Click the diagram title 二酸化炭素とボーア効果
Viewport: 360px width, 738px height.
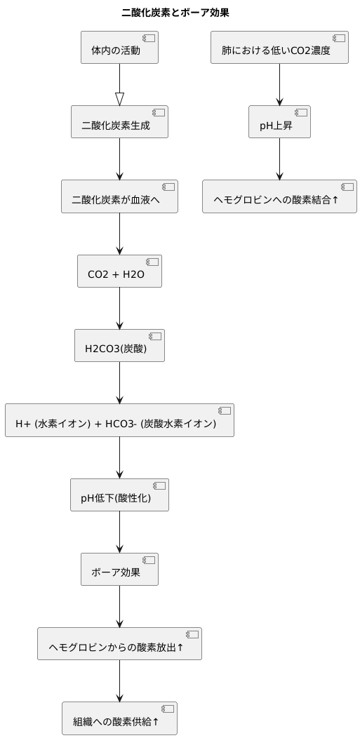pyautogui.click(x=175, y=13)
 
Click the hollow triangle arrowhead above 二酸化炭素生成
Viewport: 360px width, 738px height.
pyautogui.click(x=119, y=99)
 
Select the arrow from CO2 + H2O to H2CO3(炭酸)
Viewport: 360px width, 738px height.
pyautogui.click(x=119, y=308)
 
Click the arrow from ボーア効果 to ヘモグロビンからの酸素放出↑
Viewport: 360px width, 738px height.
pyautogui.click(x=119, y=606)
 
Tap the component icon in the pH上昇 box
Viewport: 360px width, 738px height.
pyautogui.click(x=300, y=112)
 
